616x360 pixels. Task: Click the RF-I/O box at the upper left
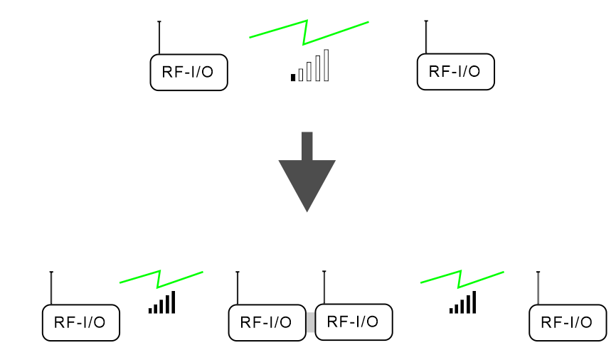point(188,73)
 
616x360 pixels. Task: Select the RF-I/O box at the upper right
point(455,72)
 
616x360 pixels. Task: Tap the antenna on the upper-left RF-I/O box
point(159,37)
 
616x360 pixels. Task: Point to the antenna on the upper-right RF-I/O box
point(425,36)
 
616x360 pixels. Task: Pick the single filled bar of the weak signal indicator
point(293,77)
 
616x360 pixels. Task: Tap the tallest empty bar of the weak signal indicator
point(326,65)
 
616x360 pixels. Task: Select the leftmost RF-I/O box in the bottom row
point(80,322)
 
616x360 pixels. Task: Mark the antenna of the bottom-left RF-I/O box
point(51,287)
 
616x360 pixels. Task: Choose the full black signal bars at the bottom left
point(162,304)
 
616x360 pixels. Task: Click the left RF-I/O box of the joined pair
point(267,322)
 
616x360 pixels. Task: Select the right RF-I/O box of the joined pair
point(354,322)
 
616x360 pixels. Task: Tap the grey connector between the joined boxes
point(310,322)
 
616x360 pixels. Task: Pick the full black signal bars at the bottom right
point(463,304)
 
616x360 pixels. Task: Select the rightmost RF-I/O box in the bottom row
point(567,322)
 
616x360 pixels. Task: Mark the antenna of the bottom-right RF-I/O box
point(538,287)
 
